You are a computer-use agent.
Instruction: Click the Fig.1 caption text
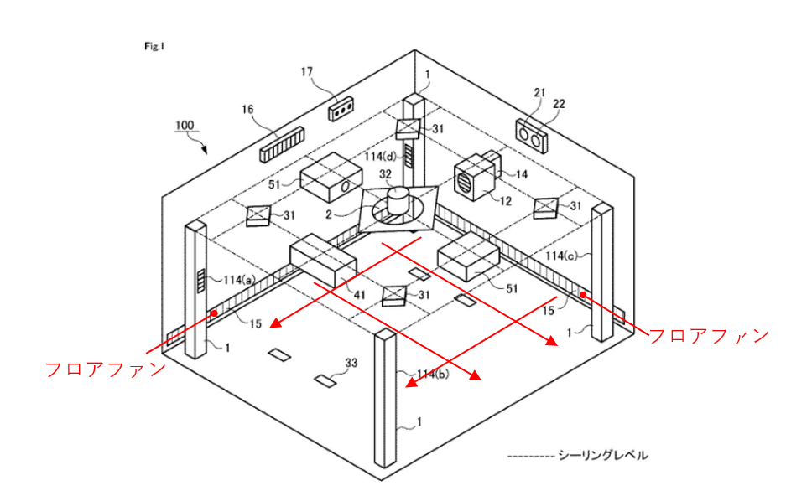click(154, 46)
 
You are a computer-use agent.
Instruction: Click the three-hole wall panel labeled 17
click(341, 109)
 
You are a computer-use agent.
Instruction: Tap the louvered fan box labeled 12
click(471, 178)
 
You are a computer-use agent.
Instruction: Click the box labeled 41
click(323, 261)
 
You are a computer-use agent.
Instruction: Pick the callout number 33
click(351, 364)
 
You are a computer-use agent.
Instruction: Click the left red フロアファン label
click(104, 369)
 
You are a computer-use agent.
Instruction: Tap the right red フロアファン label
click(710, 335)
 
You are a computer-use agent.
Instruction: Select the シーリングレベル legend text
click(603, 456)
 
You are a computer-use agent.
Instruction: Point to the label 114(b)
click(434, 374)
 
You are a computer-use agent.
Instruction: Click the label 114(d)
click(382, 155)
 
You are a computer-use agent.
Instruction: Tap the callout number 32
click(386, 174)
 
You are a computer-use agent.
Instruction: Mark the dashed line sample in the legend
click(531, 456)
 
